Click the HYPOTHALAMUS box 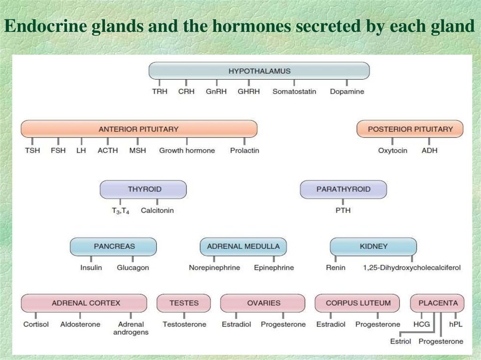tap(259, 71)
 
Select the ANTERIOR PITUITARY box tap(139, 129)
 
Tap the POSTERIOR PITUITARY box tap(410, 129)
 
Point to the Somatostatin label tap(294, 92)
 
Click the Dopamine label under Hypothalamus tap(347, 92)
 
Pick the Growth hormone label tap(187, 151)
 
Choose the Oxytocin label tap(392, 151)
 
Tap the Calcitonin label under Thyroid tap(157, 210)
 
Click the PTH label tap(343, 210)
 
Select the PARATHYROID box tap(343, 189)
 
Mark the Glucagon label tap(133, 268)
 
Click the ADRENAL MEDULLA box tap(243, 246)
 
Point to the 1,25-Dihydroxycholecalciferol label tap(411, 268)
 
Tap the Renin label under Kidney tap(335, 268)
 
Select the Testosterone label tap(184, 324)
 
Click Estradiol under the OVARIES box tap(236, 324)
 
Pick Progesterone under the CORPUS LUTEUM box tap(378, 324)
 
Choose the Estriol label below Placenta tap(400, 341)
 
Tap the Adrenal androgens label tap(131, 328)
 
